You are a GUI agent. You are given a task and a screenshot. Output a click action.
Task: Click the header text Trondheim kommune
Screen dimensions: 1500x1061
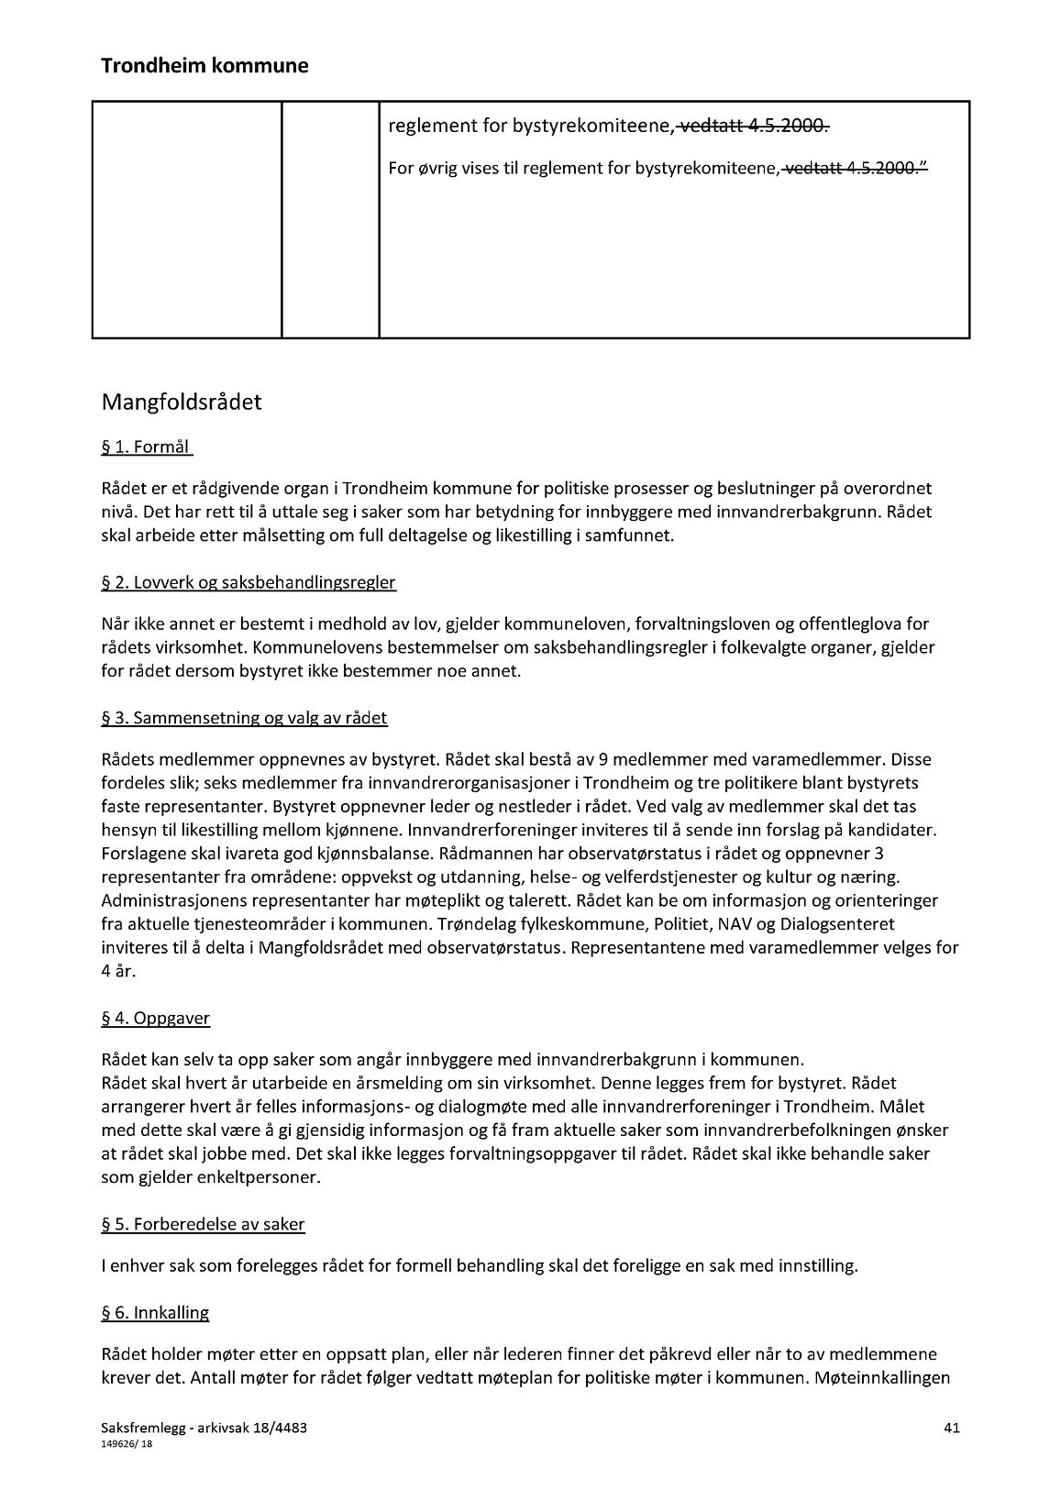coord(204,66)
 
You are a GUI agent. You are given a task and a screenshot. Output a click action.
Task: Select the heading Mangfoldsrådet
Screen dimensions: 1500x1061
coord(182,403)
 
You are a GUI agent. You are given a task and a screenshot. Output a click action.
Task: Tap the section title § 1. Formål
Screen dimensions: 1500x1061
coord(147,447)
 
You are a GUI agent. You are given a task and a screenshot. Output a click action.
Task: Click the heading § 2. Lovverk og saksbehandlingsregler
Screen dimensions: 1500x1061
coord(249,583)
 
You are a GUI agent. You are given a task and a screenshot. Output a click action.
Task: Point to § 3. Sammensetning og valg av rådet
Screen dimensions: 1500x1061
coord(244,718)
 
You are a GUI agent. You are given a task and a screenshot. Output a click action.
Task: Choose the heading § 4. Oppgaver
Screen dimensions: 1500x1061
coord(156,1019)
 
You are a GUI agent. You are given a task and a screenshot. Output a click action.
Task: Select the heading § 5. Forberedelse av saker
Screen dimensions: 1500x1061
coord(203,1224)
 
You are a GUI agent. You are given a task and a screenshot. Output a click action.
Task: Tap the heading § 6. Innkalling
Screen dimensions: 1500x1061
coord(155,1313)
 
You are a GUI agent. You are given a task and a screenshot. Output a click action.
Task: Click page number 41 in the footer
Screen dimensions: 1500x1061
coord(951,1428)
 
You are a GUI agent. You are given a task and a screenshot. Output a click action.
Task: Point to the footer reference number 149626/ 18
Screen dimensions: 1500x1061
coord(127,1442)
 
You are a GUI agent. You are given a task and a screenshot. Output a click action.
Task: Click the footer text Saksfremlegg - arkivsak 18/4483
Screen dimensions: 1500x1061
coord(198,1428)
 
